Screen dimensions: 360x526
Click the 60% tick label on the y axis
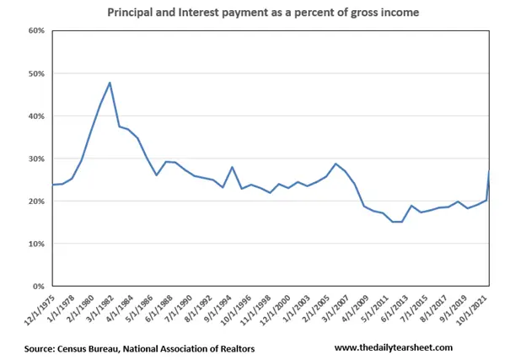click(x=35, y=30)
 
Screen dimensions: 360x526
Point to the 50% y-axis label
click(x=35, y=73)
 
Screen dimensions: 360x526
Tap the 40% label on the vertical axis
click(x=35, y=116)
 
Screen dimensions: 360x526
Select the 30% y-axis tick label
click(x=35, y=159)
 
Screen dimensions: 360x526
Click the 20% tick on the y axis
click(x=35, y=201)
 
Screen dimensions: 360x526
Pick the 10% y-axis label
click(x=35, y=244)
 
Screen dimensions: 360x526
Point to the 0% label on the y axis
click(x=38, y=287)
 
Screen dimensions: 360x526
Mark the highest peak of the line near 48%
click(x=110, y=83)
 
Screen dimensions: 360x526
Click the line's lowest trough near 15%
click(x=396, y=222)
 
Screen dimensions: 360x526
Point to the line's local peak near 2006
click(x=335, y=164)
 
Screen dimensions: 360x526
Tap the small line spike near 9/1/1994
click(x=232, y=167)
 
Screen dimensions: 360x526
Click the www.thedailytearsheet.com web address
click(x=394, y=347)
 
